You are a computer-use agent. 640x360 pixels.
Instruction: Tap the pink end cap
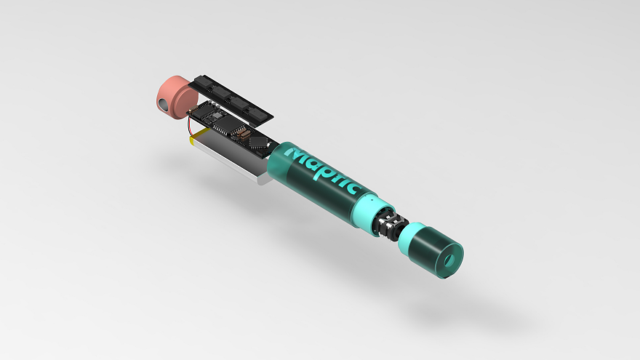(175, 97)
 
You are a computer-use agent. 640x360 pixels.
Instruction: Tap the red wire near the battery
(191, 124)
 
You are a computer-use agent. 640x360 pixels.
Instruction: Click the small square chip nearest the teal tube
(259, 143)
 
